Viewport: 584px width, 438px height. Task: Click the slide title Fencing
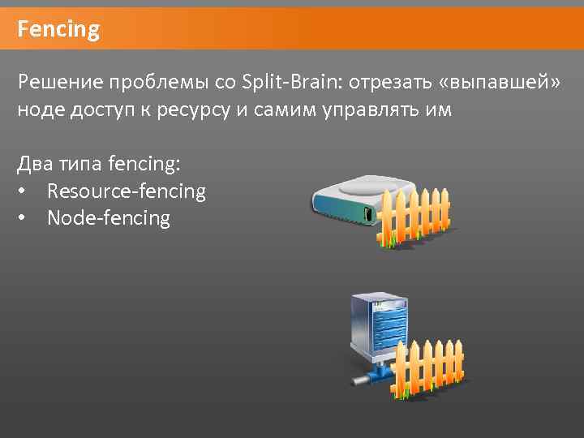tap(58, 31)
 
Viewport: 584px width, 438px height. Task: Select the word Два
tap(35, 164)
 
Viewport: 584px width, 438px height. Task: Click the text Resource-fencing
tap(127, 191)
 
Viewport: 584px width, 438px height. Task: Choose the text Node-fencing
tap(109, 218)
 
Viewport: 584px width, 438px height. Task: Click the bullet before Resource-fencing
tap(23, 192)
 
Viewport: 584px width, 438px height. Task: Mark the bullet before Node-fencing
tap(23, 219)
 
